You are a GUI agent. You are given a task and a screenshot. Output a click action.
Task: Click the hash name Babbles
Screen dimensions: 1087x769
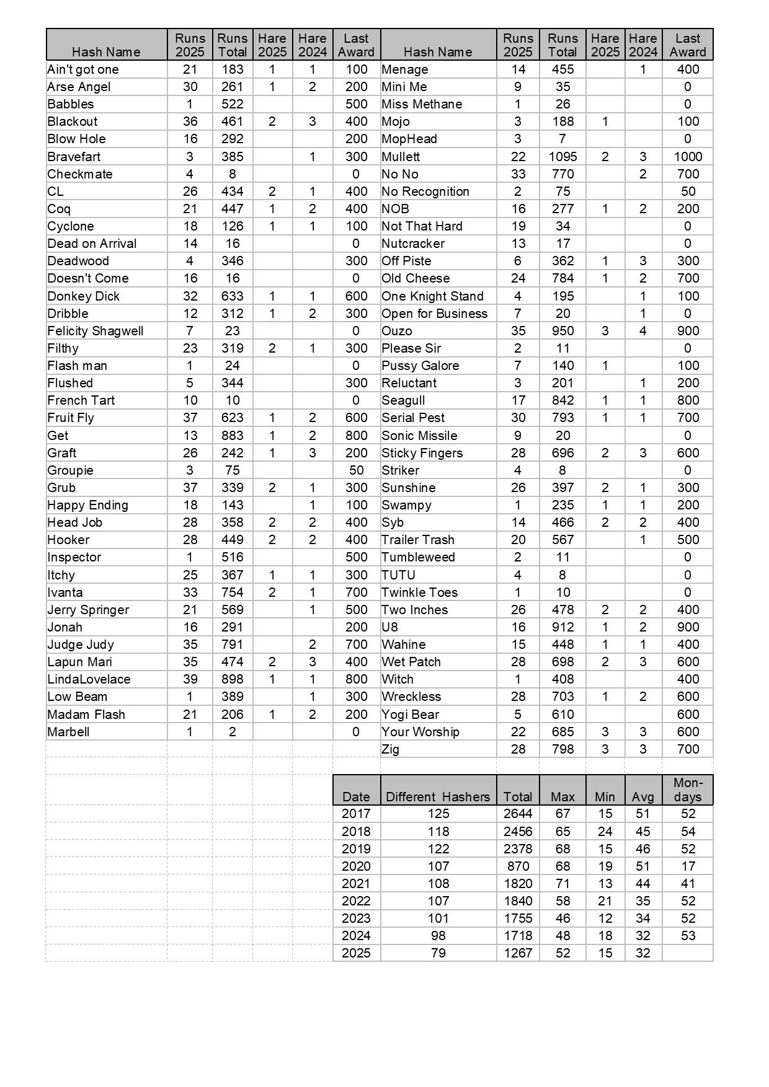pos(71,104)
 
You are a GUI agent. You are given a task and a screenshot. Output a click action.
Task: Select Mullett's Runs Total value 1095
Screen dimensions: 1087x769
pos(562,157)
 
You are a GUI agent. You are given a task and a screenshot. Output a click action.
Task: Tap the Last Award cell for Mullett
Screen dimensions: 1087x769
pos(688,157)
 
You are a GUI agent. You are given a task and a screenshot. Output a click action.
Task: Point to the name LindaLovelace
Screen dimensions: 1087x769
pos(89,679)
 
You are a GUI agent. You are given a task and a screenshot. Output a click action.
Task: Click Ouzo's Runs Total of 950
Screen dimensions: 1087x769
pos(562,331)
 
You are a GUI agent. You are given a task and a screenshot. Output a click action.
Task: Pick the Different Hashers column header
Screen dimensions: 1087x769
pos(438,796)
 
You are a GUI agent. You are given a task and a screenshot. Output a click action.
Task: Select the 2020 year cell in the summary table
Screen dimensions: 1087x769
pos(356,866)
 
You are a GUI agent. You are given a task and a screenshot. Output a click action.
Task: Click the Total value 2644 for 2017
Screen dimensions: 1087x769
pos(518,814)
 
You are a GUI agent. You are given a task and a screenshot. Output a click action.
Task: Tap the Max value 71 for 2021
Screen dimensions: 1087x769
pos(562,884)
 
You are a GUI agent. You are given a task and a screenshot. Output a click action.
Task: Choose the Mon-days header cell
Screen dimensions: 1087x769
pos(688,790)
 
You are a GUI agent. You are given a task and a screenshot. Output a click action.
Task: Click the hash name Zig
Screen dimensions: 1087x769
pos(391,749)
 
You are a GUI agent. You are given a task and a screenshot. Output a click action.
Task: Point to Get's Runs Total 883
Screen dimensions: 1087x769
pos(233,436)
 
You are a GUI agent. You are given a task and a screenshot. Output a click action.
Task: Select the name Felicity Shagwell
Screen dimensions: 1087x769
pos(96,331)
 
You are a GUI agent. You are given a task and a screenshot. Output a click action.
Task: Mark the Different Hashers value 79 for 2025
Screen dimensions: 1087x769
pos(438,953)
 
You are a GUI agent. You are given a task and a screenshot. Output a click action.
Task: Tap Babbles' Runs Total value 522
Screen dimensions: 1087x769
pos(233,104)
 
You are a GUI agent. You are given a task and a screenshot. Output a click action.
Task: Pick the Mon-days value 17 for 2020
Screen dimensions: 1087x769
pos(688,866)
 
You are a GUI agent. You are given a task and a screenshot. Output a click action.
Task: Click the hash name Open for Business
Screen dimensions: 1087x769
pos(435,314)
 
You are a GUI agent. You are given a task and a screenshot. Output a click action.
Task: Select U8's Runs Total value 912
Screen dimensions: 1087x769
pos(562,627)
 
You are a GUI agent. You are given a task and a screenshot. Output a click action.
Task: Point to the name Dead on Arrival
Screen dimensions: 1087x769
pos(92,244)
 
